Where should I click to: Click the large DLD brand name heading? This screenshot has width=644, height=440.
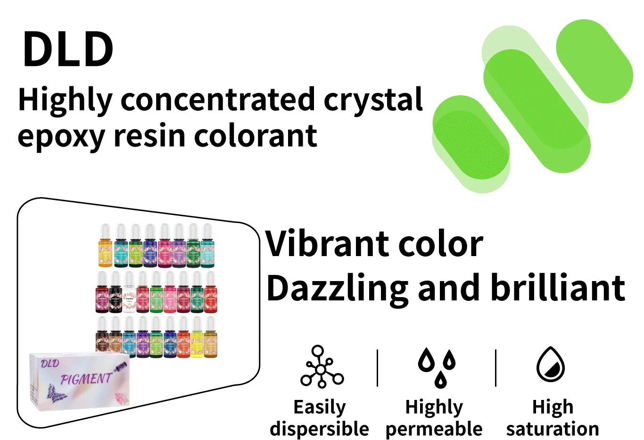[x=68, y=49]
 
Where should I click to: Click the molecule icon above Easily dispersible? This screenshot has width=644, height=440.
[x=322, y=367]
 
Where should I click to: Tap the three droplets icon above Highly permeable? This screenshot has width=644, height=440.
[x=437, y=367]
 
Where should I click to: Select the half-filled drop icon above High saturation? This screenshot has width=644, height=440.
[x=551, y=365]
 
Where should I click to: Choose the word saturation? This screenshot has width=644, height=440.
[x=553, y=429]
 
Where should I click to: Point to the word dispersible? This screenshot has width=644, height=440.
[x=319, y=429]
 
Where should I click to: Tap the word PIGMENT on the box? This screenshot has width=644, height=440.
[x=86, y=379]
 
